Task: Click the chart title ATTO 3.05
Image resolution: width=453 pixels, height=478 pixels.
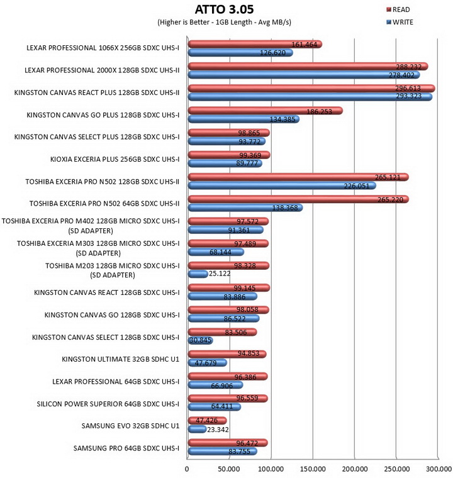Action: [224, 9]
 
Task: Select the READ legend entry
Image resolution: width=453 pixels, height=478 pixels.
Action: [398, 10]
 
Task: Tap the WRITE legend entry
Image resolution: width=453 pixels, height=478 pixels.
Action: [400, 22]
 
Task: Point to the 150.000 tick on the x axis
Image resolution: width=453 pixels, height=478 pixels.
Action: [313, 469]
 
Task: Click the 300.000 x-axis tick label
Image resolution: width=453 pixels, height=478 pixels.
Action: [439, 469]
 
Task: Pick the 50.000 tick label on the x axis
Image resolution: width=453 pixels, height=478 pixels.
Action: [229, 469]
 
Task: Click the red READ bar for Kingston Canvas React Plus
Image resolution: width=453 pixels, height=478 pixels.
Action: [311, 89]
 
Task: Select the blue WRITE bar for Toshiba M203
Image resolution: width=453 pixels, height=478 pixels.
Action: [198, 274]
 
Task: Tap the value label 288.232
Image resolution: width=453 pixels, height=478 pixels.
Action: [409, 67]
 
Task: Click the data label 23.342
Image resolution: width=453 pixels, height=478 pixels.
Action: [218, 430]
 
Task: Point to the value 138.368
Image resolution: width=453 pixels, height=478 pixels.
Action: [285, 208]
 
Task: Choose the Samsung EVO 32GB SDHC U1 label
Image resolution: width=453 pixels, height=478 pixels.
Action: [130, 426]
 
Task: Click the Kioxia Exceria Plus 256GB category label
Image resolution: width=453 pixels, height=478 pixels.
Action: [115, 159]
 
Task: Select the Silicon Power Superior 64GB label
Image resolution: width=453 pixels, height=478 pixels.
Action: [108, 404]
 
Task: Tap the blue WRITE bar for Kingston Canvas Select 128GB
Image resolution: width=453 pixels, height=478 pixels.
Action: [201, 340]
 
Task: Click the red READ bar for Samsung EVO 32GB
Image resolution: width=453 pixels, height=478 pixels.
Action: [208, 421]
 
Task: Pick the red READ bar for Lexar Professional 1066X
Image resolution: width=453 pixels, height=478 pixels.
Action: [255, 44]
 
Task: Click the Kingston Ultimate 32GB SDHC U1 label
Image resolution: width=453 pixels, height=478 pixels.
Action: [121, 359]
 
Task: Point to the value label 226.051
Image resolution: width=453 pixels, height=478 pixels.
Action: [357, 186]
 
